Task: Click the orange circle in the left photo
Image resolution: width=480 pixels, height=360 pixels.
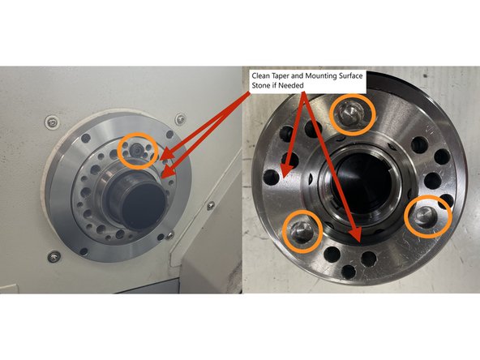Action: (135, 148)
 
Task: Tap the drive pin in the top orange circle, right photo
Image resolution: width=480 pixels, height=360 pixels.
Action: (353, 114)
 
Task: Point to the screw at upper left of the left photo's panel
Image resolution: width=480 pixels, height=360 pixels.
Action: (53, 122)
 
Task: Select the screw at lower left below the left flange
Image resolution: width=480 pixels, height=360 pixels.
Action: (54, 257)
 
